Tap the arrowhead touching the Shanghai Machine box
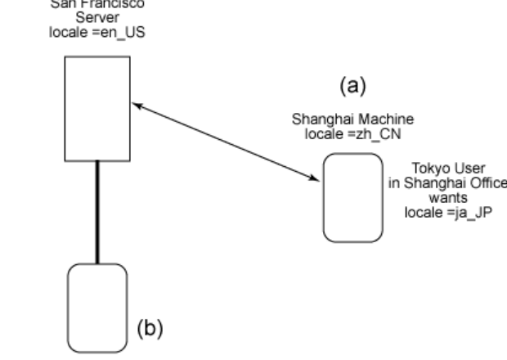315,178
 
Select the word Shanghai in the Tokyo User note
440,183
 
